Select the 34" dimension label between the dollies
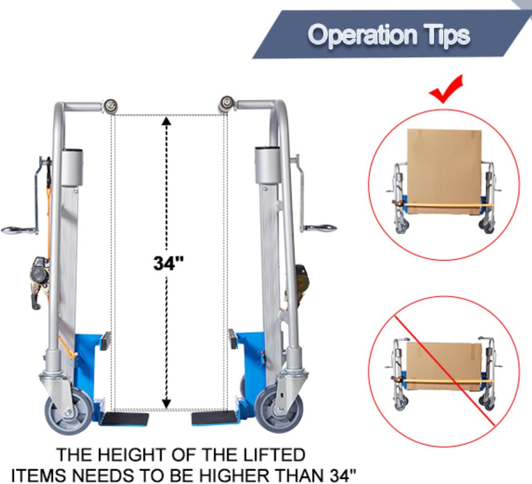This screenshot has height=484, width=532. pyautogui.click(x=168, y=263)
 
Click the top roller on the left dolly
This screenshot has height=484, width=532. pyautogui.click(x=110, y=106)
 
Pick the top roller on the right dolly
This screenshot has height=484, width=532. pyautogui.click(x=226, y=103)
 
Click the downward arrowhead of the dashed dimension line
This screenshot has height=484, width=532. pyautogui.click(x=166, y=403)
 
